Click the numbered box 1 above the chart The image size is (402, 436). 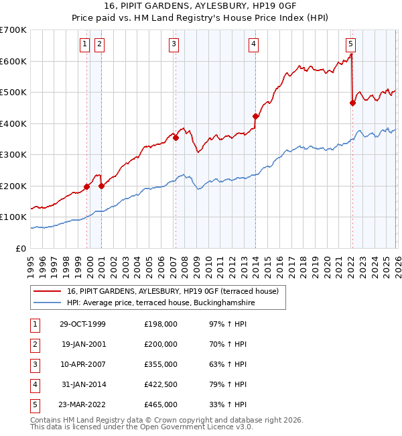click(86, 45)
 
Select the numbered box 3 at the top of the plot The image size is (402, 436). click(174, 45)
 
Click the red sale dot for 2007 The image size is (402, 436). click(176, 138)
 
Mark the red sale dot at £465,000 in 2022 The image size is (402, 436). click(352, 103)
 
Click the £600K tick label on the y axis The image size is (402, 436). click(13, 61)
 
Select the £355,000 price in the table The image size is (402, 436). click(161, 364)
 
